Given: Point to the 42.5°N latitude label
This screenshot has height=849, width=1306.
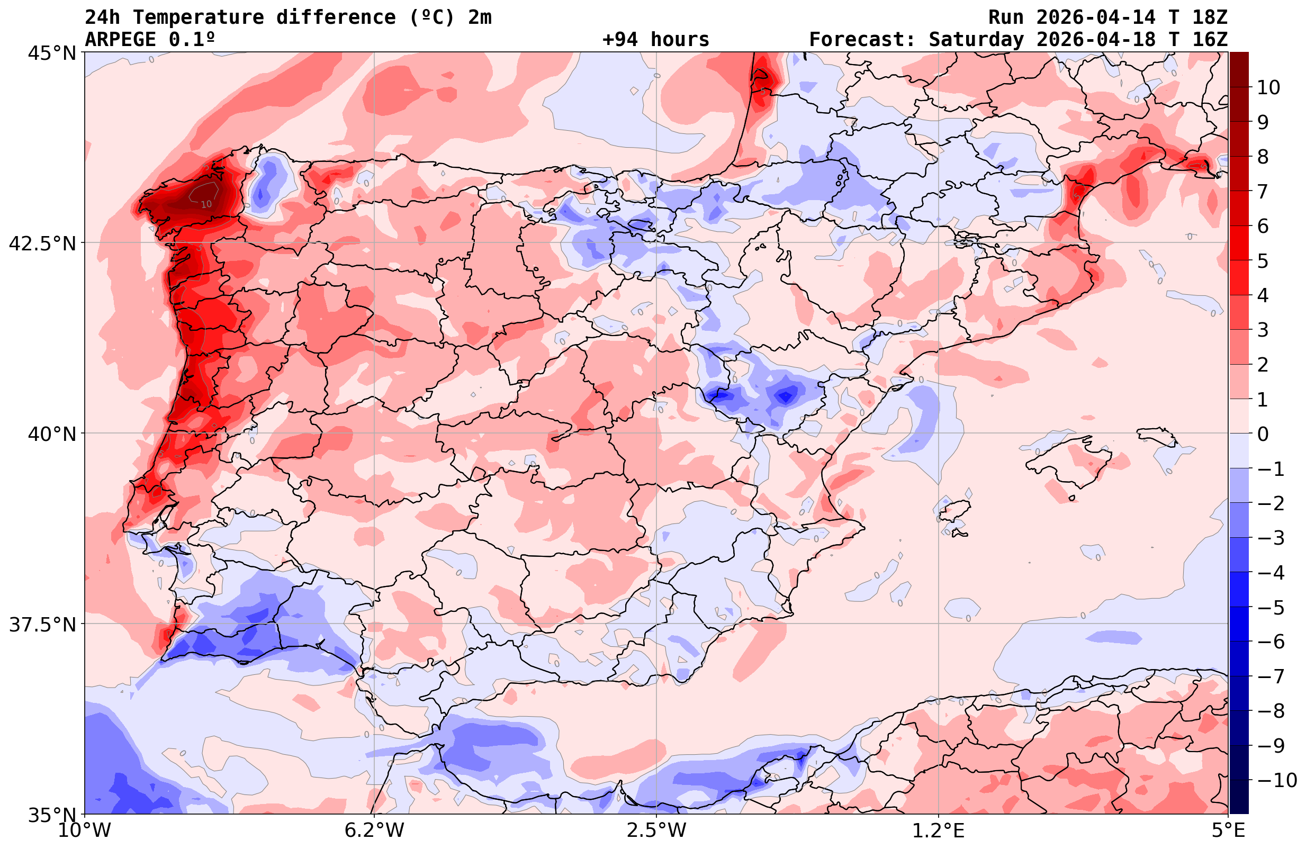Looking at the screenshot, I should coord(42,243).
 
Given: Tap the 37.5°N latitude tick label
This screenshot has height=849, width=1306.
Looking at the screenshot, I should coord(42,625).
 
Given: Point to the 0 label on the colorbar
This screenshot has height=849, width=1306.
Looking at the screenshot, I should coord(1263,434).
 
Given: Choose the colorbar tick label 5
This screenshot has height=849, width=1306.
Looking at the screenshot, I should coord(1263,261).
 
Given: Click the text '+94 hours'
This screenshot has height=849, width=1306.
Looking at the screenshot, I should coord(655,40).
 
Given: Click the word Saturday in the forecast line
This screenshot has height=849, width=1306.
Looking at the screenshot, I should coord(976,40).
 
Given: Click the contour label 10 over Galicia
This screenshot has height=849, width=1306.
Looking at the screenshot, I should coord(206,204).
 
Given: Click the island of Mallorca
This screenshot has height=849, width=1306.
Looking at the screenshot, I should coord(1070,461).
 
